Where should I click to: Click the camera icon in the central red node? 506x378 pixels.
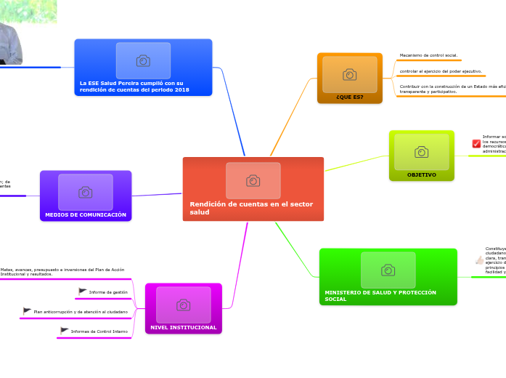tap(253, 180)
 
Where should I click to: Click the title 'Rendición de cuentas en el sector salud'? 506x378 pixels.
tap(251, 208)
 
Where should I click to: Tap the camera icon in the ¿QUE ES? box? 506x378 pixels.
tap(349, 74)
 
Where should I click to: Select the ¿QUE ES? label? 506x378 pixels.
tap(349, 97)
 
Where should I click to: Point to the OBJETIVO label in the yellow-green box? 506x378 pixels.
tap(421, 174)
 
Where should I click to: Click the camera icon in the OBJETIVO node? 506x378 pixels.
tap(421, 151)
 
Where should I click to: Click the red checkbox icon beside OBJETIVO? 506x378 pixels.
tap(476, 143)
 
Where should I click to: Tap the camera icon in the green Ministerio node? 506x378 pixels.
tap(388, 270)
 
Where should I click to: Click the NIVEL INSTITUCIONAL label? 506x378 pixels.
tap(183, 327)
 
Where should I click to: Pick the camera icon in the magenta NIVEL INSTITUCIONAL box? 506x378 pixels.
tap(183, 305)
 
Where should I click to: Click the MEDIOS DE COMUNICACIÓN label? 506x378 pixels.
tap(86, 214)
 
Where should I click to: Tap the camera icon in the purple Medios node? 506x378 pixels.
tap(86, 192)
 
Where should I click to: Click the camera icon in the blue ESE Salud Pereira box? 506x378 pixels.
tap(143, 60)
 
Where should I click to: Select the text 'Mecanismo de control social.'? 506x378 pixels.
tap(428, 55)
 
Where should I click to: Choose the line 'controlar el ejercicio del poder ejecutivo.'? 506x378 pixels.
tap(441, 71)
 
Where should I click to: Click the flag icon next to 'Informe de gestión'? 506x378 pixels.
tap(83, 291)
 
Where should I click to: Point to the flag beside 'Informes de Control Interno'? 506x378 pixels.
tap(65, 331)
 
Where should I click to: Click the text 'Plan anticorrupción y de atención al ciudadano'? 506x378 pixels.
tap(81, 312)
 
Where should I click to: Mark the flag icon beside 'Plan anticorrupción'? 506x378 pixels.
tap(27, 311)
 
